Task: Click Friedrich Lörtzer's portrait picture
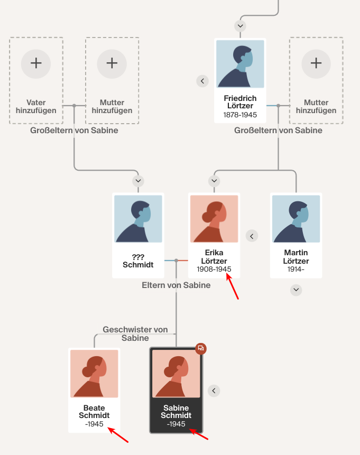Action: coord(240,64)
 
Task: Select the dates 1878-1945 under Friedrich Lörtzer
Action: coord(240,115)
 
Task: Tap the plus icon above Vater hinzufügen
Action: coord(36,63)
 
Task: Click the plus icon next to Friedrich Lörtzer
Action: coord(316,63)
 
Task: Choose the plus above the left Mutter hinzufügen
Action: coord(112,63)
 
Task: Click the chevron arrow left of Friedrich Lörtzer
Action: coord(202,81)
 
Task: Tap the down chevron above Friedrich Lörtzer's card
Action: coord(241,25)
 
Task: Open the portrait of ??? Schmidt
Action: coord(139,219)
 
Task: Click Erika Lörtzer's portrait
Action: coord(214,219)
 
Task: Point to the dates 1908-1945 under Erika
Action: coord(214,269)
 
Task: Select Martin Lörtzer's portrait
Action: coord(296,219)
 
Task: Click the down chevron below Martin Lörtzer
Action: coord(296,290)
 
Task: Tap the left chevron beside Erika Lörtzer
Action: coord(252,236)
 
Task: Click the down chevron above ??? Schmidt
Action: coord(139,181)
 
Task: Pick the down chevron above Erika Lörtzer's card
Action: coord(214,181)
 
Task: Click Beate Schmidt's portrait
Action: coord(95,373)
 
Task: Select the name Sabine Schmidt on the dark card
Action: coord(177,412)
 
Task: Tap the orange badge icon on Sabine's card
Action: coord(200,348)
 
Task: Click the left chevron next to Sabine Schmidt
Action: coord(214,391)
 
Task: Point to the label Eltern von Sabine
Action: coord(176,285)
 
